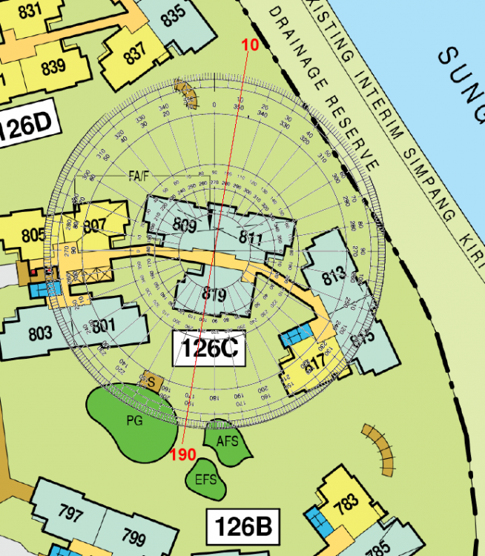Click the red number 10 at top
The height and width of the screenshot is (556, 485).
coord(250,44)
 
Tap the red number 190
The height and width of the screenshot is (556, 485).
coord(182,454)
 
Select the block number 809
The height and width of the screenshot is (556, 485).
coord(185,225)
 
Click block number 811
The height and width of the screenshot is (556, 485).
coord(251,238)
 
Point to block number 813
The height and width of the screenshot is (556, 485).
coord(334,277)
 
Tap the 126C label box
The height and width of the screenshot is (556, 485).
coord(208,349)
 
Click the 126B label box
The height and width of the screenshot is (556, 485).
coord(242,527)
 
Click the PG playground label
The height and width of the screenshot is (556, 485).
coord(134,420)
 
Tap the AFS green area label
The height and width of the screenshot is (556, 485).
coord(227,441)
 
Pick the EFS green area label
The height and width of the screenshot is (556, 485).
coord(205,479)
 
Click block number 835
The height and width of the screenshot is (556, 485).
coord(173,16)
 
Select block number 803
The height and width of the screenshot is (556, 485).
coord(40,333)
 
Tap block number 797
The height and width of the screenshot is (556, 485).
coord(70,514)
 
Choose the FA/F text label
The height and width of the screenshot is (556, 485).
coord(139,175)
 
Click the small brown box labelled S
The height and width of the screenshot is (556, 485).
coord(151,383)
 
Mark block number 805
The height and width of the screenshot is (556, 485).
coord(33,236)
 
